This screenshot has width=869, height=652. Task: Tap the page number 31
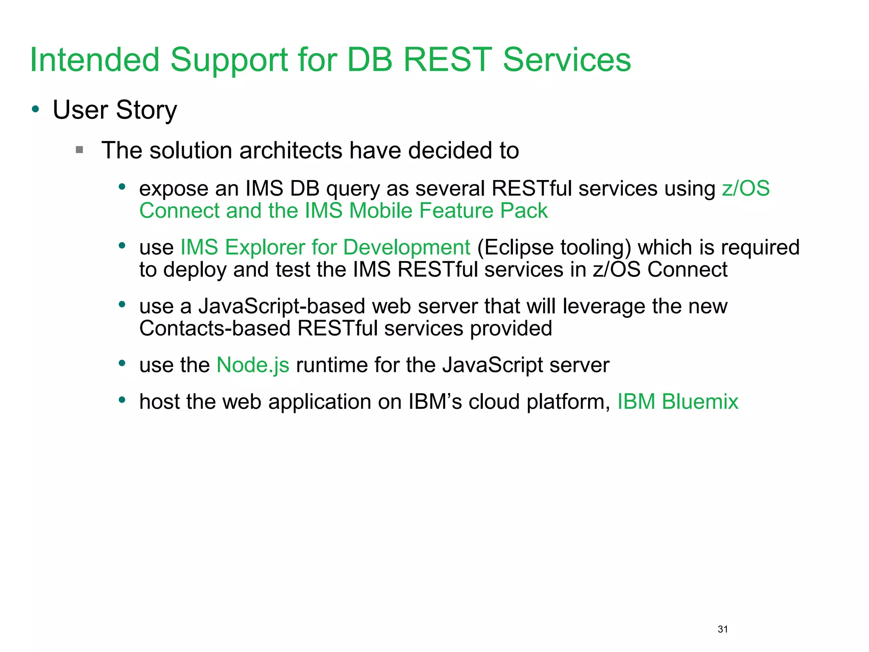[723, 629]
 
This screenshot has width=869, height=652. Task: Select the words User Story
[115, 110]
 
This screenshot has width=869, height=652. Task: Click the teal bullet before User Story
[36, 109]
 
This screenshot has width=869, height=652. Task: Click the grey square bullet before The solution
[79, 149]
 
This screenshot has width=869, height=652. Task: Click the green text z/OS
[746, 188]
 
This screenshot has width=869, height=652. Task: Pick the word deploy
[195, 270]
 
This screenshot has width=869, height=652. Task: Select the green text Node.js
[252, 365]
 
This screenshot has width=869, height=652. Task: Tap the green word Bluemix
[700, 402]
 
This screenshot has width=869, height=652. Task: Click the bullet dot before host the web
[122, 399]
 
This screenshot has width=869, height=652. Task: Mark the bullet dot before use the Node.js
[122, 363]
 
